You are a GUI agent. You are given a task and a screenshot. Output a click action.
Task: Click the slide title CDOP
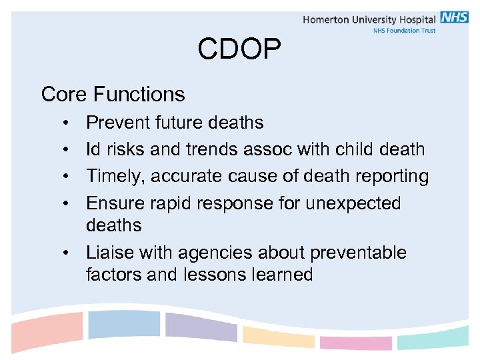pos(239,49)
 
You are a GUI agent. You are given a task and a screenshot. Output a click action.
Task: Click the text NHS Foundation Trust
pos(404,31)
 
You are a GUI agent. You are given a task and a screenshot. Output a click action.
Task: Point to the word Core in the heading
pos(65,94)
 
